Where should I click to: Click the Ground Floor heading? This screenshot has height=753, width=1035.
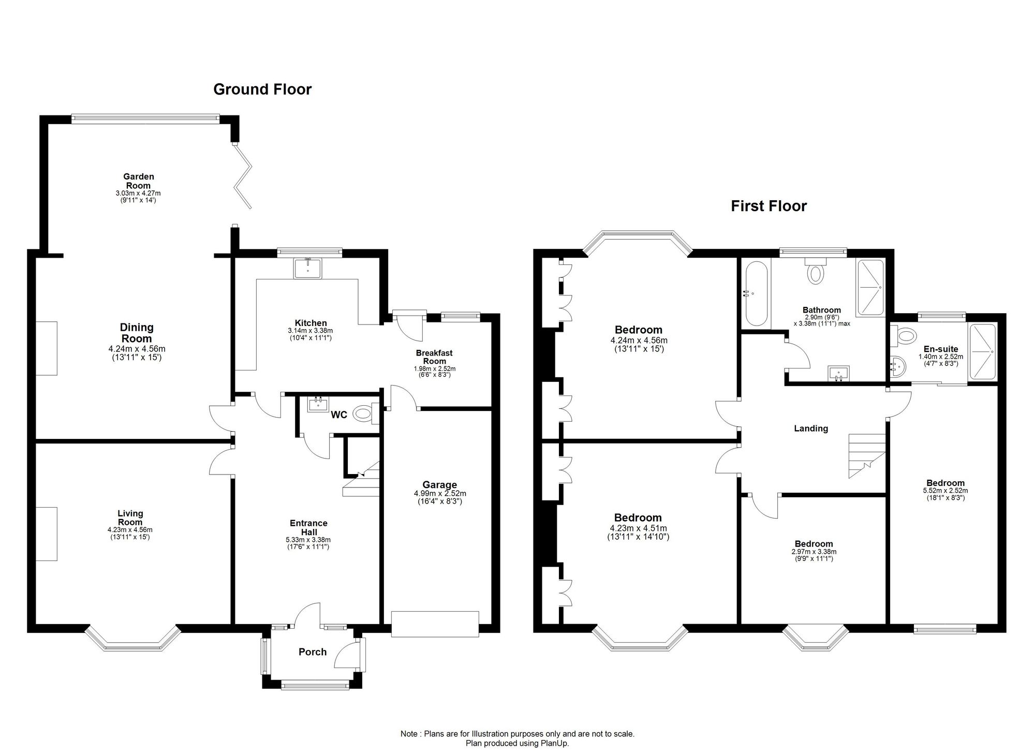[262, 90]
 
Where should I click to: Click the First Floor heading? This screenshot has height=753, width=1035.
[768, 206]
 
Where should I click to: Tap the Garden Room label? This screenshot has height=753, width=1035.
[139, 181]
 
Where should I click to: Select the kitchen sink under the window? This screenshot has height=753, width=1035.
[308, 269]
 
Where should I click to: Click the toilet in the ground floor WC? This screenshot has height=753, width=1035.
[364, 414]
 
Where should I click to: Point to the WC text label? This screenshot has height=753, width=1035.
[339, 415]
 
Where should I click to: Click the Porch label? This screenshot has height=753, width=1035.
[313, 652]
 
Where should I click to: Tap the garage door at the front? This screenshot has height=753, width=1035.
[435, 624]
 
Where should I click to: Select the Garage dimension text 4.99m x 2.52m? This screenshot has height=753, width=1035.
[440, 493]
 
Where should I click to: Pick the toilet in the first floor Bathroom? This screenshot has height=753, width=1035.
[816, 271]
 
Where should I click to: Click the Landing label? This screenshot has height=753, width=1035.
[811, 429]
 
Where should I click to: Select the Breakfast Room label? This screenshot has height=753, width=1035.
[434, 357]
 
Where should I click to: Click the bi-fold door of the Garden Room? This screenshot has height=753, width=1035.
[243, 176]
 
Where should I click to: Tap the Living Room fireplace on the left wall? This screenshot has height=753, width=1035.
[47, 534]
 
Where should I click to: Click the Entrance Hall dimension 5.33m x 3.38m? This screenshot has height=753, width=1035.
[308, 540]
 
